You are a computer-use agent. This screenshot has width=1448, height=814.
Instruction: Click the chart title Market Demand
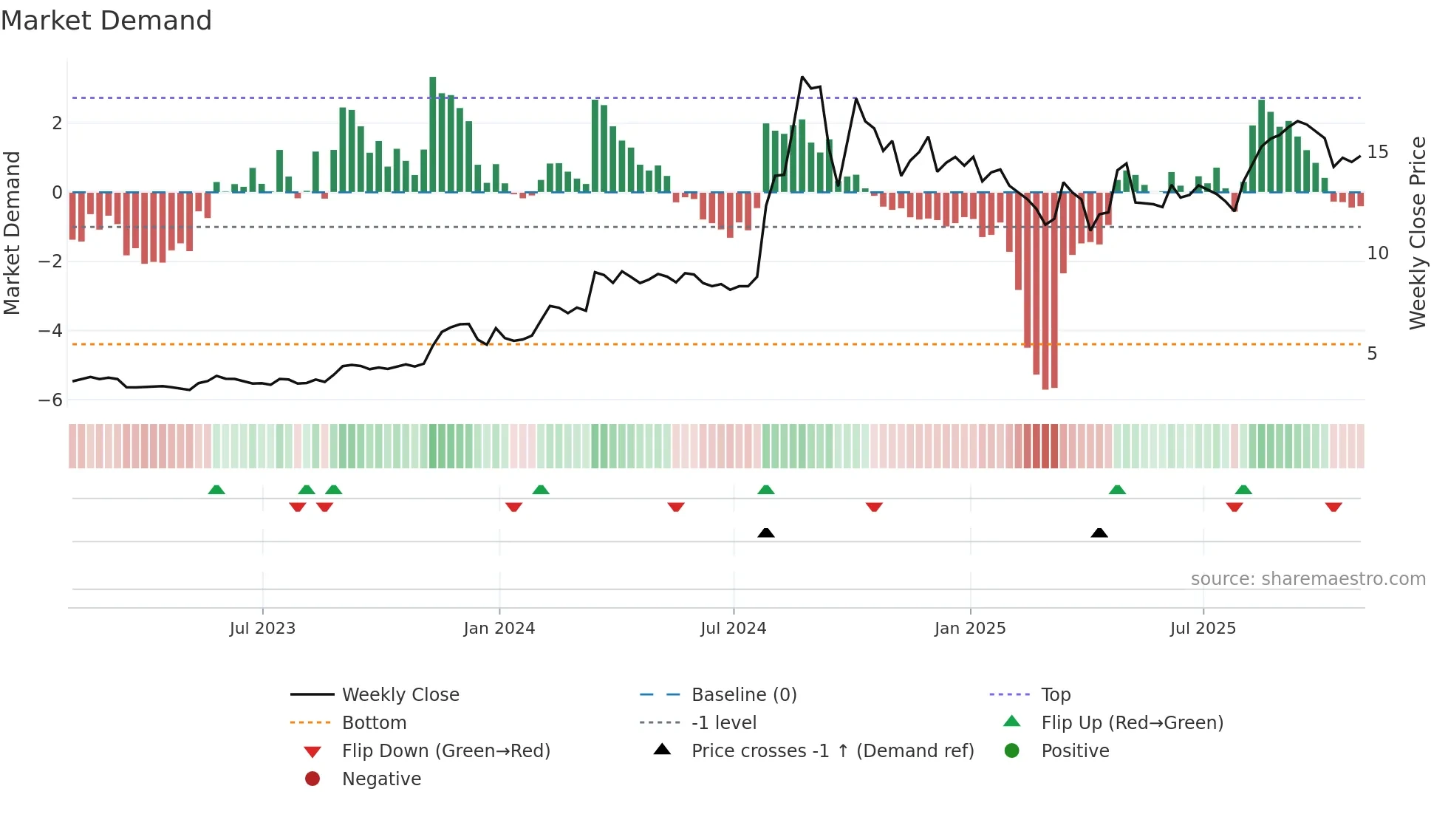coord(106,21)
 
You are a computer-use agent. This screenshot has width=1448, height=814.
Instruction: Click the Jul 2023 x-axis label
coord(262,629)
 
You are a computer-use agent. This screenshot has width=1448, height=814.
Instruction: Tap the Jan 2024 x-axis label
coord(499,629)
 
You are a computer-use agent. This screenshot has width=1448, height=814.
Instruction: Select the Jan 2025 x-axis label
coord(969,629)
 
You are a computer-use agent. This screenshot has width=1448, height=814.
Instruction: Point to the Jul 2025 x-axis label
coord(1203,629)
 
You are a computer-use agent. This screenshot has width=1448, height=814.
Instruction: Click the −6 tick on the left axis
coord(50,400)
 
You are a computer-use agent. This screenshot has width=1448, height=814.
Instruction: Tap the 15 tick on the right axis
coord(1377,152)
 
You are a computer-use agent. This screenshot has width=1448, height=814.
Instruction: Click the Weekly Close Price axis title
coord(1417,233)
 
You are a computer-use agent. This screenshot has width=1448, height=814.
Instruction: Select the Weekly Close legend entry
coord(400,695)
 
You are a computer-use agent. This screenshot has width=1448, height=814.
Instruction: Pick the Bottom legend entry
coord(374,723)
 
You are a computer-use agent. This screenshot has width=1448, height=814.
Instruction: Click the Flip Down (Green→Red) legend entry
coord(445,751)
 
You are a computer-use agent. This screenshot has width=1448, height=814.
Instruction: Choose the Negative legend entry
coord(381,779)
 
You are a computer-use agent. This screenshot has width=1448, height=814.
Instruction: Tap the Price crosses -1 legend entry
coord(832,751)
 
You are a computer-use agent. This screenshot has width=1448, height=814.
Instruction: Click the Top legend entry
coord(1056,695)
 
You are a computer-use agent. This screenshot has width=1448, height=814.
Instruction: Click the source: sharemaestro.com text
coord(1308,579)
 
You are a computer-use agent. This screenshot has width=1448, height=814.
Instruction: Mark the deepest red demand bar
coord(1045,291)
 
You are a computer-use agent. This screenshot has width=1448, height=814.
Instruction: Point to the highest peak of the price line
coord(802,77)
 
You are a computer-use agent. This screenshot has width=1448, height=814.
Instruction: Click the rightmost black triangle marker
coord(1099,533)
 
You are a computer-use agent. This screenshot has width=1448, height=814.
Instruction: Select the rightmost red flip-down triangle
coord(1333,507)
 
